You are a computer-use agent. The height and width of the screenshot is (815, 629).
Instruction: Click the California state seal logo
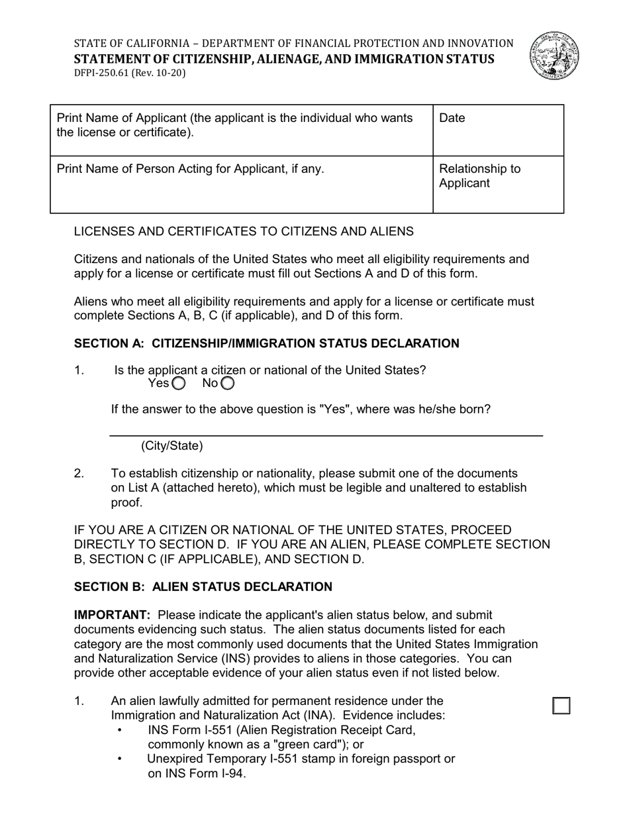coord(554,56)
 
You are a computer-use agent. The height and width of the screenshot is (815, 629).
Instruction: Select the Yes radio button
coord(179,384)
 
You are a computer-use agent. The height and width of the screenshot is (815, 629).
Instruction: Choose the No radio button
coord(228,384)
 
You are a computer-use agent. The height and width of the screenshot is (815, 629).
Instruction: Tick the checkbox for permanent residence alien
coord(561,706)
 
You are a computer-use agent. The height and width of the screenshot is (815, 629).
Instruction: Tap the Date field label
coord(452,119)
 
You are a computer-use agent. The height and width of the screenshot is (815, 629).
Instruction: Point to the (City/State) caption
coord(171,446)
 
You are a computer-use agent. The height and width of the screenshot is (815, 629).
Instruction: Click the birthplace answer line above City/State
coord(326,435)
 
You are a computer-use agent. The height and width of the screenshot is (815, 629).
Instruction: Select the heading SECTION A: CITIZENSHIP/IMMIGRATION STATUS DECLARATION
coord(266,343)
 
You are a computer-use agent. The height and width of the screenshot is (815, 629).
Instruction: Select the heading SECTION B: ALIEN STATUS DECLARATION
coord(203,587)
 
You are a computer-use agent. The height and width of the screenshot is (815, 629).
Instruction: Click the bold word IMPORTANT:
coord(112,616)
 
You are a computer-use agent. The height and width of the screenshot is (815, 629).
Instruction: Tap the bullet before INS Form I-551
coord(120,730)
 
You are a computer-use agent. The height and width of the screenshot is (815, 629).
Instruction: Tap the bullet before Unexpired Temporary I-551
coord(120,759)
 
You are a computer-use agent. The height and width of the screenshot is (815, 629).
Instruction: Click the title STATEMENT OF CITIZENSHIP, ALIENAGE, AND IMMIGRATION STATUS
coord(283,59)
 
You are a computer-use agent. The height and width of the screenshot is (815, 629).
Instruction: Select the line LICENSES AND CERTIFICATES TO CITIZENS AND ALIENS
coord(244,231)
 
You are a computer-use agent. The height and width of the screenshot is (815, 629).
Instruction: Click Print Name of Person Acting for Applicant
coord(190,169)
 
